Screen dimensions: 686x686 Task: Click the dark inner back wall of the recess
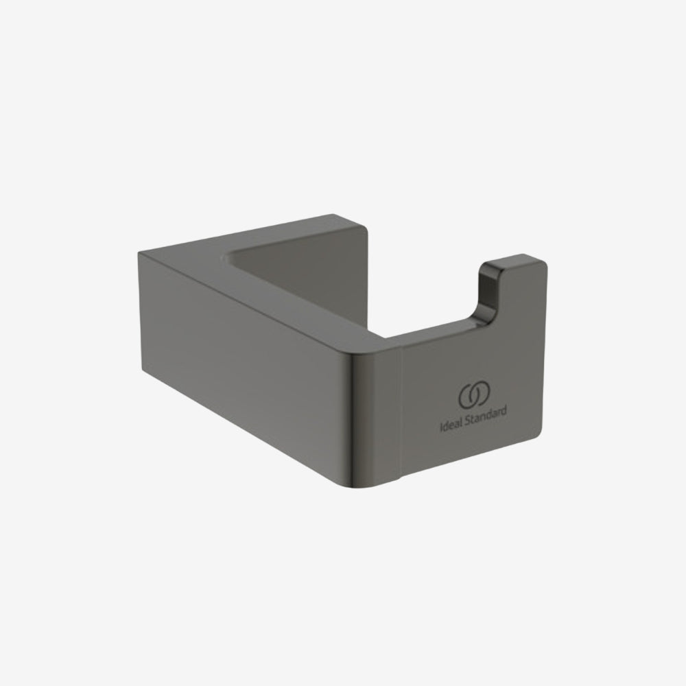click(302, 274)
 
